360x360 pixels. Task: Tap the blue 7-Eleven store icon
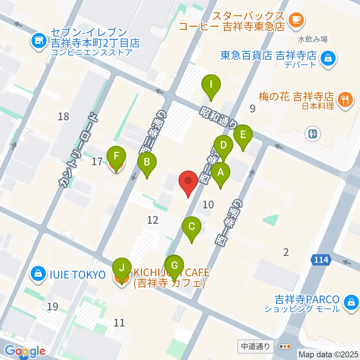(39, 38)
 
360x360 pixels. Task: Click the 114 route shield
(319, 259)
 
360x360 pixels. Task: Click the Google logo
(25, 351)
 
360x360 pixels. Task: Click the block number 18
(64, 117)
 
